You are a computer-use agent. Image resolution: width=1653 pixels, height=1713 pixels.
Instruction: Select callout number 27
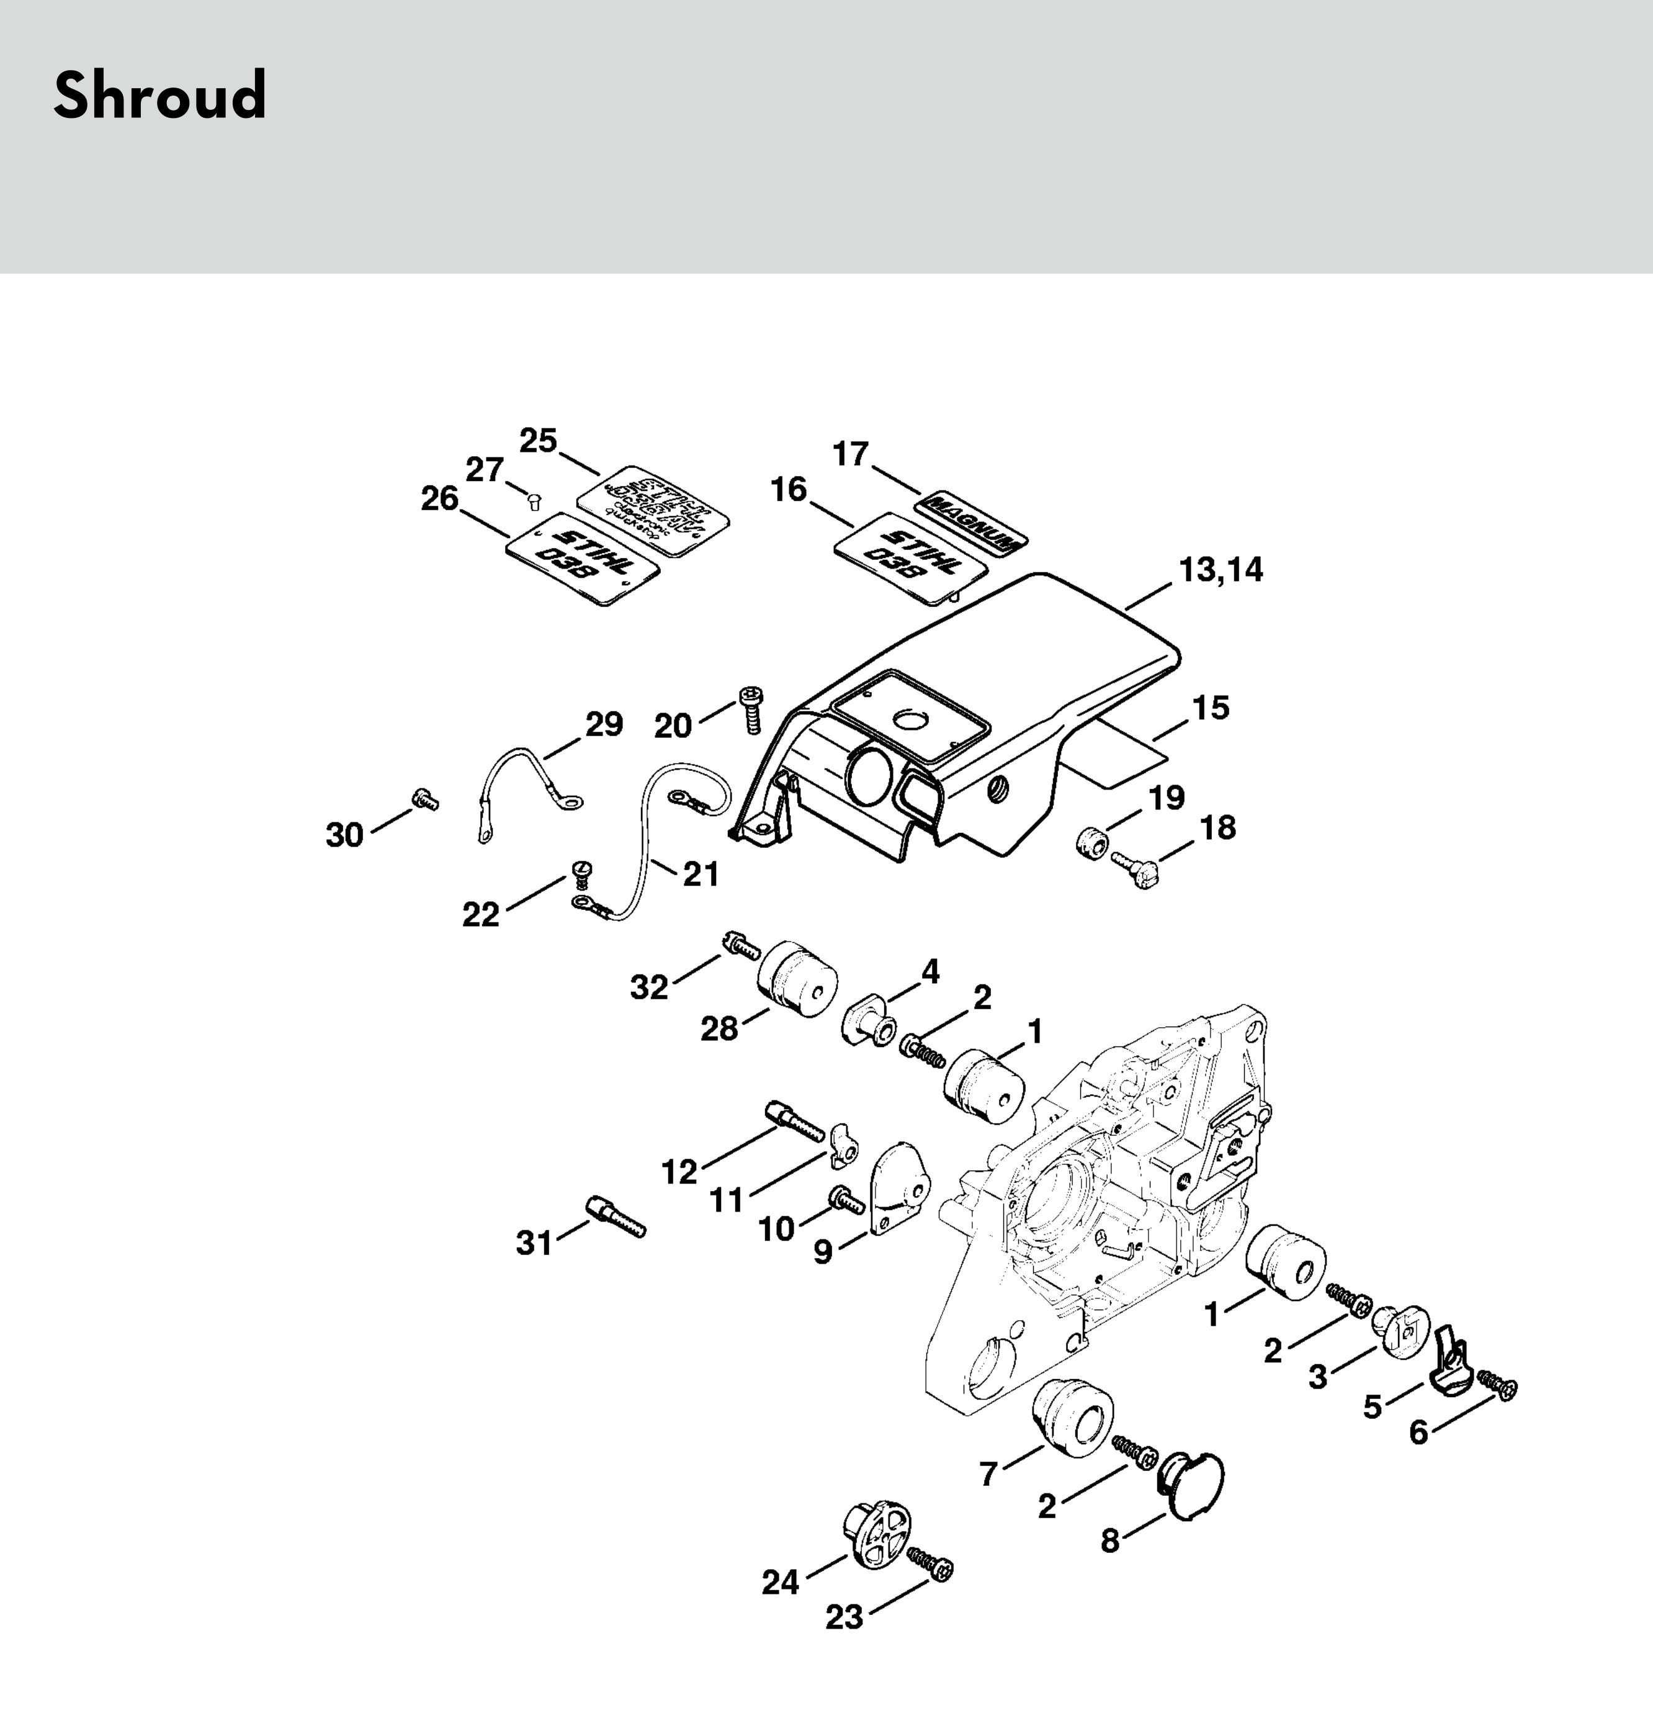pos(484,470)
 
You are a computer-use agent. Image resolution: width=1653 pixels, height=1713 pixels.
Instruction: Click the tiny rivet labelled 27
pos(535,501)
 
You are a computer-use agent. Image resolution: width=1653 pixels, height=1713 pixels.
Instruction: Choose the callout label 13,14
pos(1221,570)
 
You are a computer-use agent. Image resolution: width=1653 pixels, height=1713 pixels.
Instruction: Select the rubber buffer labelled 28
pos(797,979)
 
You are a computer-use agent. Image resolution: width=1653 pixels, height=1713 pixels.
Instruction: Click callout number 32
pos(649,987)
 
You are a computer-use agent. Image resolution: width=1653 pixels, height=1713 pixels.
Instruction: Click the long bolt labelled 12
pos(794,1122)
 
